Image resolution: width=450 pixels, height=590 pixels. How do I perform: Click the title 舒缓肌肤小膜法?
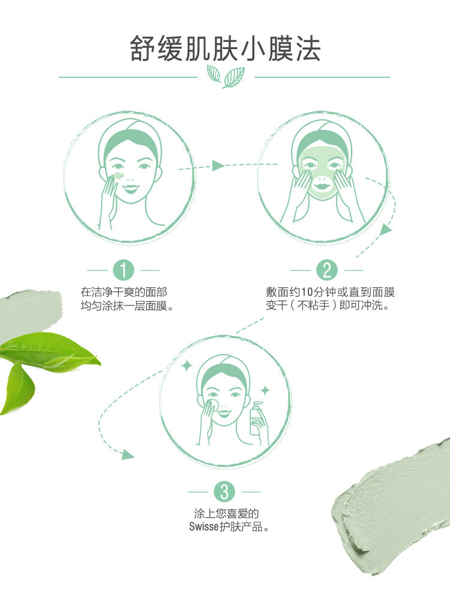tap(225, 49)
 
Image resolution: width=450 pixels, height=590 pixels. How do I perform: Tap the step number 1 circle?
tap(124, 270)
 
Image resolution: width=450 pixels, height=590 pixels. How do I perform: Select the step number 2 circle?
tap(327, 270)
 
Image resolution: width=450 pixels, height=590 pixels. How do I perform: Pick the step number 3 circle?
tap(224, 492)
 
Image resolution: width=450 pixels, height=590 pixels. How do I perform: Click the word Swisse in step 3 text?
tap(203, 527)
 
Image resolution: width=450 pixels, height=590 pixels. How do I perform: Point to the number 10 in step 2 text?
tap(308, 292)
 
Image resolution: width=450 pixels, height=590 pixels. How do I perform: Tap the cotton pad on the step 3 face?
tap(212, 404)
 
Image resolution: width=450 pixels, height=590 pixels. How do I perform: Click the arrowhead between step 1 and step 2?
tap(218, 165)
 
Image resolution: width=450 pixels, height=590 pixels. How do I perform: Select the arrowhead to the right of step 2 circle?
tap(386, 229)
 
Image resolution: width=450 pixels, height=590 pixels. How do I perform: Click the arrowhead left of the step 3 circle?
tap(128, 454)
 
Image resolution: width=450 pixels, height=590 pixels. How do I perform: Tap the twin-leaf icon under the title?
tap(226, 77)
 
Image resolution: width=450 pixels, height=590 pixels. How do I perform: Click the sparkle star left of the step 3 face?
tap(187, 366)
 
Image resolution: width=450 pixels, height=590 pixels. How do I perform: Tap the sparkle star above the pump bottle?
tap(265, 391)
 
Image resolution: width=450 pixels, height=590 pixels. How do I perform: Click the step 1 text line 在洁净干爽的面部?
tap(124, 292)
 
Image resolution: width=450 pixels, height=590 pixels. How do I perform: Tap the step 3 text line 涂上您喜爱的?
tap(226, 513)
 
